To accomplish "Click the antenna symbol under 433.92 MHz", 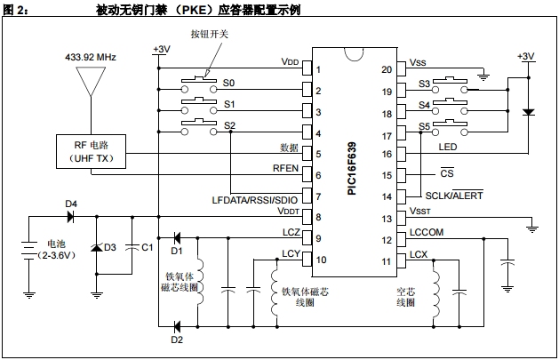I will [90, 81].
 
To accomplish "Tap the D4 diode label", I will [71, 204].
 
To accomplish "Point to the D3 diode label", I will [110, 247].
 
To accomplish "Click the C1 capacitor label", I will [148, 247].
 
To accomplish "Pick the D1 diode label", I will [177, 251].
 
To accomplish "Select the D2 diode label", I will [177, 339].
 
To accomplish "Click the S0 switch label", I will [229, 83].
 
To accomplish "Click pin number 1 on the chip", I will [317, 68].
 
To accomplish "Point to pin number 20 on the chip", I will [386, 68].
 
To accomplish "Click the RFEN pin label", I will [284, 167].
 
